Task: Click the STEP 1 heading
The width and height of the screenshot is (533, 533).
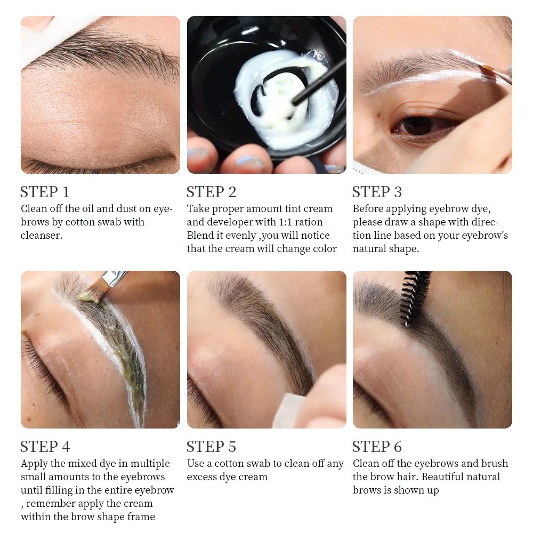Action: point(45,192)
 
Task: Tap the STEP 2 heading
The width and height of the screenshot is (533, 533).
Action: point(211,192)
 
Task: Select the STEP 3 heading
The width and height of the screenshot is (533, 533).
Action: point(377,192)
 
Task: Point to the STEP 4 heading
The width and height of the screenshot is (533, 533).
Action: point(45,447)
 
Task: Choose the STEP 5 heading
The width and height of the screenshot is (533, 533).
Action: point(211,447)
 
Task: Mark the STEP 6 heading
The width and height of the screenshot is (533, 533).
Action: point(377,447)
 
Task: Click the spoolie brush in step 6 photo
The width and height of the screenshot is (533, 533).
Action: point(415,296)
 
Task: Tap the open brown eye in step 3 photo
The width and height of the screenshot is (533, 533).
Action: point(418,125)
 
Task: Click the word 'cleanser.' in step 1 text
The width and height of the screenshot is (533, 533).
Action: point(41,235)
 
